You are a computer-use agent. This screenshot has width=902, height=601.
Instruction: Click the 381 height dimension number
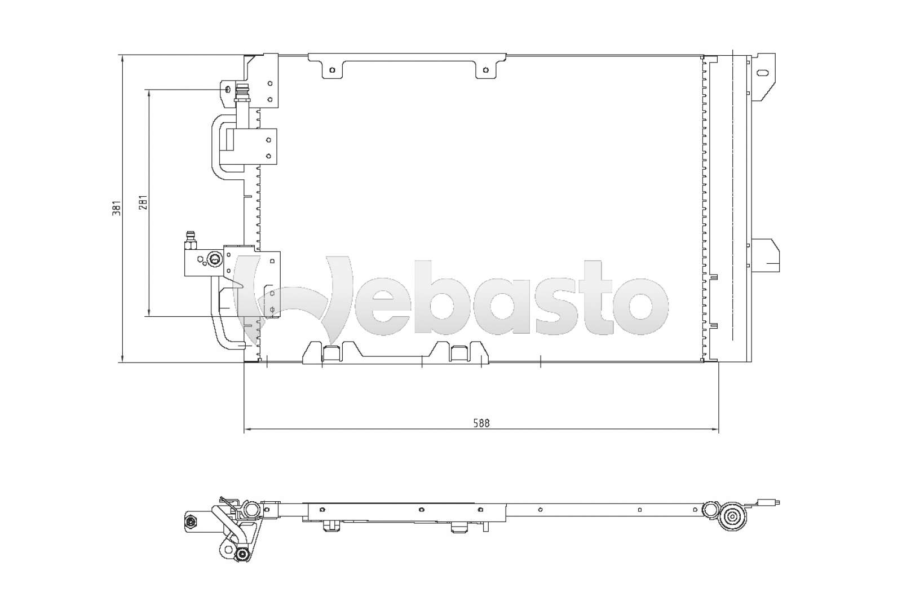(x=117, y=208)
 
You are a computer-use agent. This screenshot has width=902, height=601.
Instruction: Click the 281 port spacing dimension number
(x=143, y=203)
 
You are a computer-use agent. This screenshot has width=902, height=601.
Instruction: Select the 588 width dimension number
(x=481, y=423)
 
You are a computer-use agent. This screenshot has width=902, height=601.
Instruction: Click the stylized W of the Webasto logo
(x=293, y=299)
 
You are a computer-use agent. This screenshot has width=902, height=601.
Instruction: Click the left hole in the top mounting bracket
(x=332, y=70)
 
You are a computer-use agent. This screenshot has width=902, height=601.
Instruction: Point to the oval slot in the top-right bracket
(x=763, y=73)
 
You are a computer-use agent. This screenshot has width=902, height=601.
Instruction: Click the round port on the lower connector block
(x=214, y=259)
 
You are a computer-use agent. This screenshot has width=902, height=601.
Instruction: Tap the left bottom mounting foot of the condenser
(x=331, y=352)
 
